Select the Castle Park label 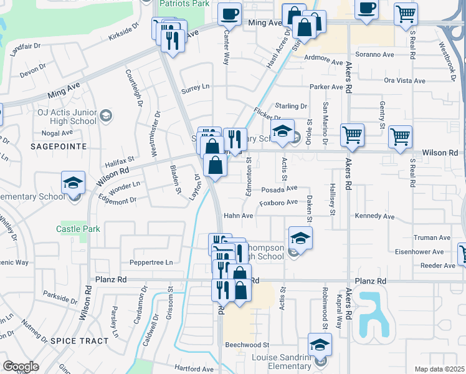click(78, 229)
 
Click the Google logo click(21, 367)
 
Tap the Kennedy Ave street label click(374, 216)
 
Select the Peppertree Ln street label click(150, 262)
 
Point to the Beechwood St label click(247, 345)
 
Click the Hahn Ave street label click(239, 216)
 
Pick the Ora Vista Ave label click(404, 80)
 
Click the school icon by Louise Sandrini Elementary click(320, 345)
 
